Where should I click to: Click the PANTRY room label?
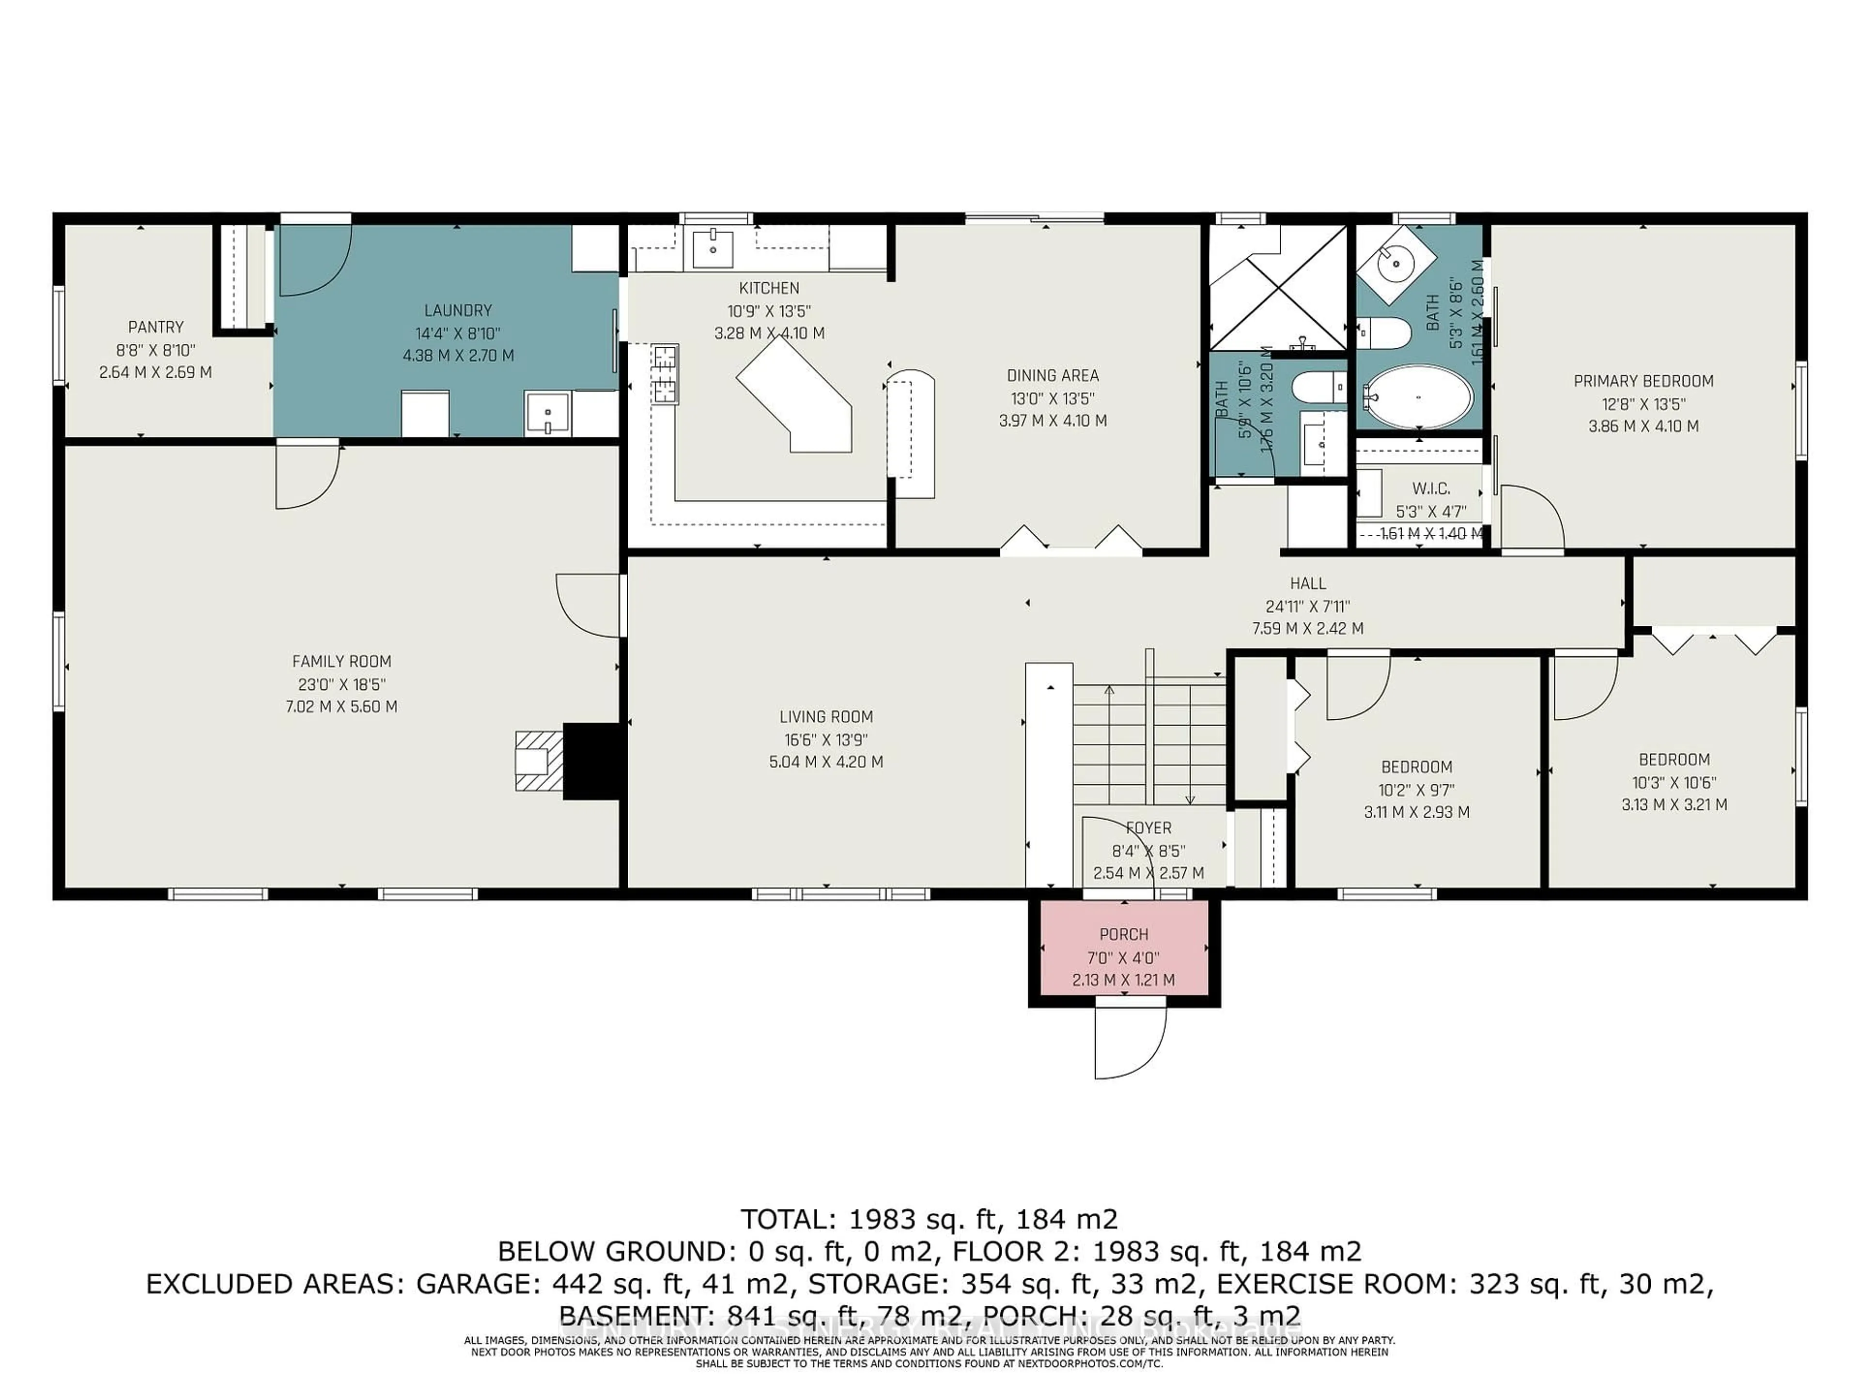155,327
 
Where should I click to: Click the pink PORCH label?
1123,934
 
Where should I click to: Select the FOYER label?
1148,828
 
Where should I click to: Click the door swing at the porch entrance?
1129,1043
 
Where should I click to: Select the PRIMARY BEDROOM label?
1643,381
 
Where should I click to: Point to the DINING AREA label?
1053,376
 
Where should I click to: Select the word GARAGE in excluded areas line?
476,1284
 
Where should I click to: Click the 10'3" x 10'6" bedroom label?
1674,782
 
